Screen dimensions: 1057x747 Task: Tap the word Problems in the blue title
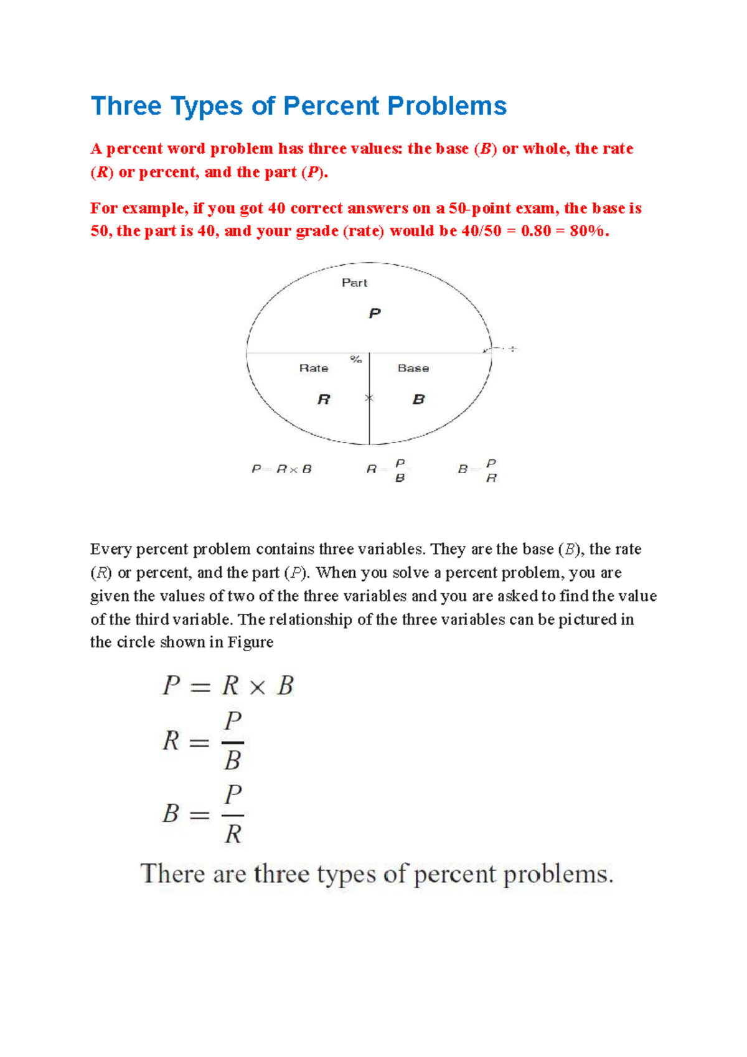[x=447, y=106]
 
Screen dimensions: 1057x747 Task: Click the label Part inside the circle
[x=354, y=283]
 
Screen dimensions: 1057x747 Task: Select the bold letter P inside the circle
[x=374, y=313]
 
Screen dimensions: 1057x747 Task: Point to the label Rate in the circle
[x=314, y=368]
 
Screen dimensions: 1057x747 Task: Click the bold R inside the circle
[x=324, y=399]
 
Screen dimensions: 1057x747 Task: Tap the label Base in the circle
[x=413, y=368]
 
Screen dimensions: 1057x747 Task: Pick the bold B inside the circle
[x=418, y=399]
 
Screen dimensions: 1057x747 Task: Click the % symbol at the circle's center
[x=356, y=359]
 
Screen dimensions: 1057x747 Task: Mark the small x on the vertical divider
[x=369, y=398]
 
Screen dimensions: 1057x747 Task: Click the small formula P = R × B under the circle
[x=281, y=469]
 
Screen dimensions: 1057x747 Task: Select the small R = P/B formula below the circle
[x=386, y=470]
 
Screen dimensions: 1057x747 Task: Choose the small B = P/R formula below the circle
[x=477, y=470]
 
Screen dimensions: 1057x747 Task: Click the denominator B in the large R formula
[x=232, y=761]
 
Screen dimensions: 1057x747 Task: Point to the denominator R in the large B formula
[x=233, y=834]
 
